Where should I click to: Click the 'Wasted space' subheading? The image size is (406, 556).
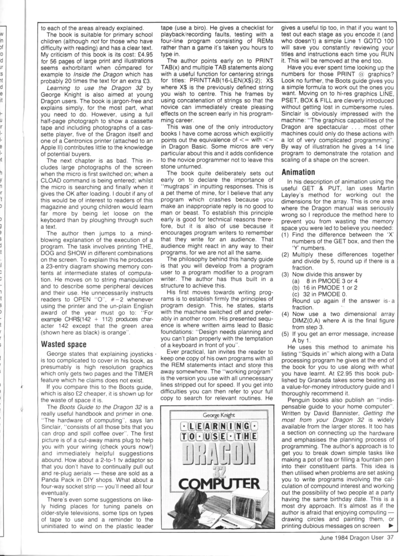point(64,344)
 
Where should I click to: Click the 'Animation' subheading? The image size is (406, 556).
point(298,172)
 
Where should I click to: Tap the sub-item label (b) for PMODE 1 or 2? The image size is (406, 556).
point(296,288)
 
